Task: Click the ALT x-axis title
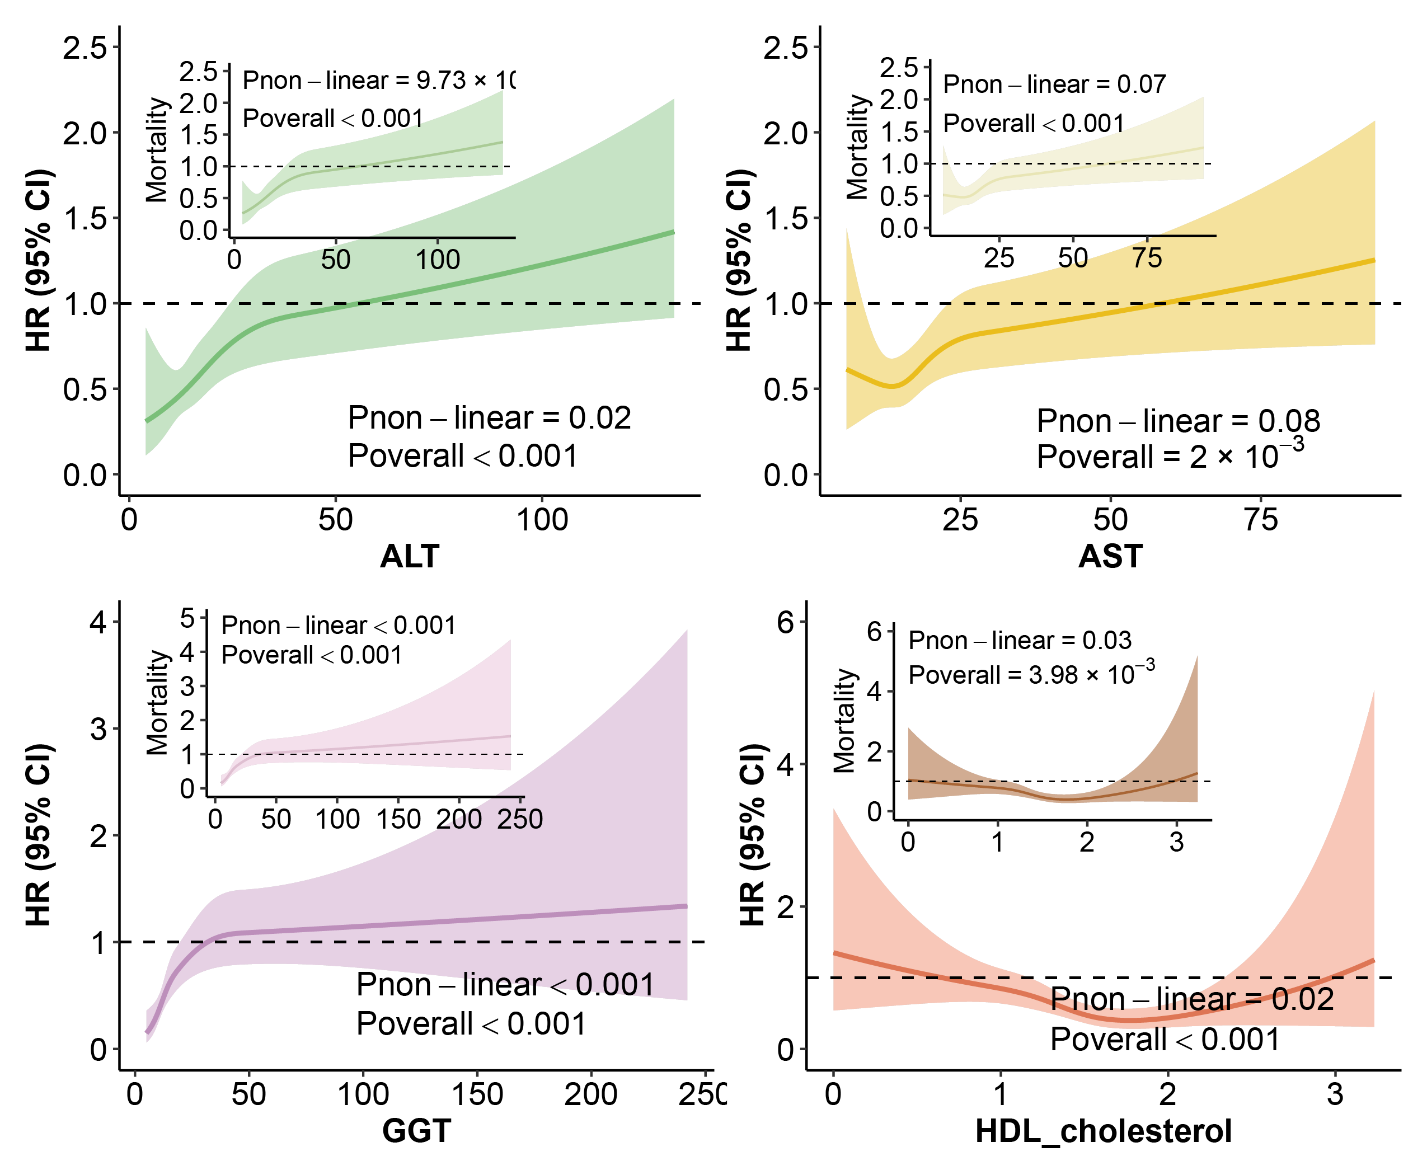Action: pyautogui.click(x=410, y=556)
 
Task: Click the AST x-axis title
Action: pyautogui.click(x=1110, y=556)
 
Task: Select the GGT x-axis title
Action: pyautogui.click(x=416, y=1131)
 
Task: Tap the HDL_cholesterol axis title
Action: pyautogui.click(x=1104, y=1131)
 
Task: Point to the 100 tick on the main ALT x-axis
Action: pyautogui.click(x=542, y=520)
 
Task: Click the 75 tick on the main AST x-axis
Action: pyautogui.click(x=1260, y=520)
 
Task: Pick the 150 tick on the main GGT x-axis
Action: pyautogui.click(x=477, y=1094)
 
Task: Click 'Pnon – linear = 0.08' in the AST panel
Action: pyautogui.click(x=1178, y=421)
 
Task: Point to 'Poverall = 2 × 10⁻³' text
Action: pyautogui.click(x=1170, y=455)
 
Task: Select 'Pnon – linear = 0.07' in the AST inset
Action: pyautogui.click(x=1054, y=84)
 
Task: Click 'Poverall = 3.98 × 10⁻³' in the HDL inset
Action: pyautogui.click(x=1031, y=674)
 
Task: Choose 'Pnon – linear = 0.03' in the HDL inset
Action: pyautogui.click(x=1020, y=640)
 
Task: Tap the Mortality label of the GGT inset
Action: pyautogui.click(x=157, y=703)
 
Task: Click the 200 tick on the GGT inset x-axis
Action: pyautogui.click(x=459, y=820)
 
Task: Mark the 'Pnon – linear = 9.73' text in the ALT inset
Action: pyautogui.click(x=379, y=81)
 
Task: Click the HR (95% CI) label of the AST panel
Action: pyautogui.click(x=739, y=261)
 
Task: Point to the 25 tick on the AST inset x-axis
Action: pyautogui.click(x=998, y=258)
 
